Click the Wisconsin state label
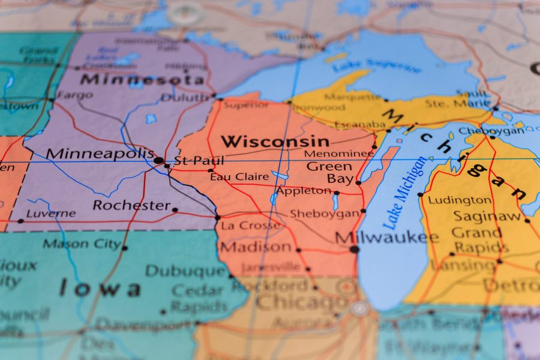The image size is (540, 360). point(275,142)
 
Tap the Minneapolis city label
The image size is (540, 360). point(100,154)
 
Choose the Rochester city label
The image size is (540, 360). point(131,205)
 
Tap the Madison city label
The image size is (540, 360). point(256,247)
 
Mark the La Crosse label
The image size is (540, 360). point(250,226)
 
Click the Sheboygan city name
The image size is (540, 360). point(324,214)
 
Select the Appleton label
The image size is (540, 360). point(304,191)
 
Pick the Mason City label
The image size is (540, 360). point(81,244)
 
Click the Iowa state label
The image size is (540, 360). point(99,289)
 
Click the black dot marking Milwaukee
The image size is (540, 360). point(355,249)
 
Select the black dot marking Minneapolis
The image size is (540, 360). point(158,160)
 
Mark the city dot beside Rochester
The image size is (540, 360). point(175,210)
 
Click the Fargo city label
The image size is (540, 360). point(75,95)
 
